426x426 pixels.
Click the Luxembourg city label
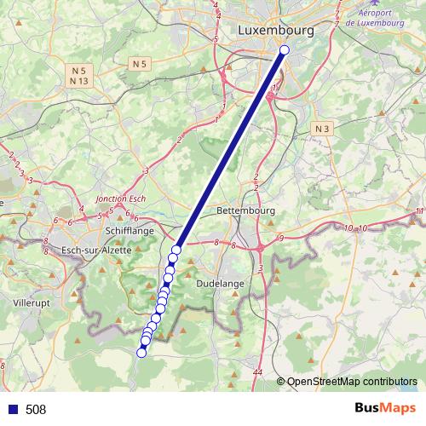point(276,30)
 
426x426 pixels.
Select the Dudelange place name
point(220,283)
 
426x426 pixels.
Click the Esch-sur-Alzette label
point(97,250)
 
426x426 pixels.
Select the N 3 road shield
point(321,128)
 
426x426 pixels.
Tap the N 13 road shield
point(79,81)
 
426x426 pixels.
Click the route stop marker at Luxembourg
point(285,50)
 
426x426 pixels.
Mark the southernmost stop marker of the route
point(141,352)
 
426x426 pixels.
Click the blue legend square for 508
point(12,410)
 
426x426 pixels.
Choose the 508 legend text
point(36,410)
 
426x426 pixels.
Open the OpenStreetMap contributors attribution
point(351,383)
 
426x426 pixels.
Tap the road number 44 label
point(257,373)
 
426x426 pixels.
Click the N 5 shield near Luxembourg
point(140,64)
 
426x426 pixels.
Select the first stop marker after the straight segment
point(176,250)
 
